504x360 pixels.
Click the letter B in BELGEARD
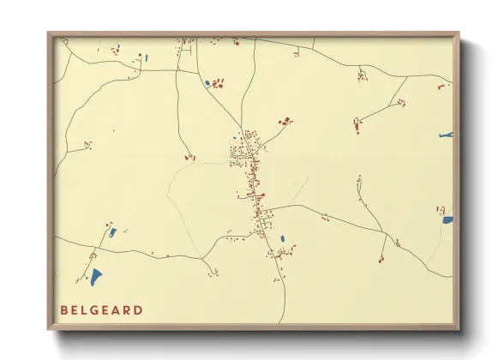click(x=64, y=309)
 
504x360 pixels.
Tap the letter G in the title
click(x=99, y=309)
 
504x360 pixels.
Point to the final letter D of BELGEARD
click(x=139, y=309)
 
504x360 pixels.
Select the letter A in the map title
click(x=117, y=309)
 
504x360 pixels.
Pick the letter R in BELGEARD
click(x=128, y=309)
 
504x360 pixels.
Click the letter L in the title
click(x=87, y=309)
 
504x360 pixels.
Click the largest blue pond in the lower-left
click(x=96, y=277)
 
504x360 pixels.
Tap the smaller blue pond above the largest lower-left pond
click(x=112, y=231)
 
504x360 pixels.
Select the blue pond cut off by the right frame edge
click(x=447, y=220)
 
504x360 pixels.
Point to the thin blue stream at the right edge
click(x=446, y=135)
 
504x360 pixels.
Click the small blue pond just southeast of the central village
click(x=282, y=238)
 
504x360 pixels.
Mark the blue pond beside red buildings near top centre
click(x=207, y=83)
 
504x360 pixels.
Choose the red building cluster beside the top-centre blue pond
click(x=219, y=83)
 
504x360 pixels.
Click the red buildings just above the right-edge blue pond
click(x=441, y=209)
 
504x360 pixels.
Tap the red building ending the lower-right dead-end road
click(x=382, y=258)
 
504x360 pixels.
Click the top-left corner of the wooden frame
click(x=48, y=33)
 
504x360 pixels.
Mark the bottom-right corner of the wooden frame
click(x=459, y=329)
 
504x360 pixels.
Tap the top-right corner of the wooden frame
click(x=459, y=33)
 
